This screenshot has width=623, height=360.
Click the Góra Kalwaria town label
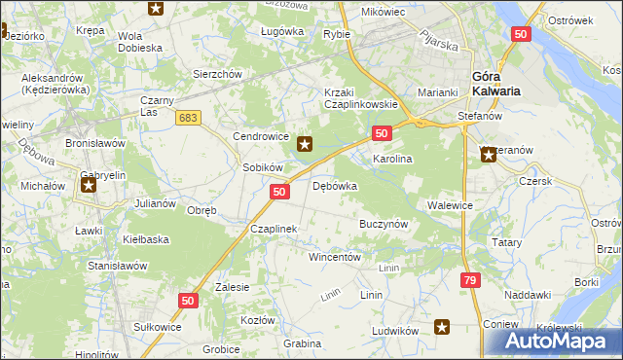495,84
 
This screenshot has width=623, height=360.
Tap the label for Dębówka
335,186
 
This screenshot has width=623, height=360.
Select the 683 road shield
189,118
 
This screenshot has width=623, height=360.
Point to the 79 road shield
470,280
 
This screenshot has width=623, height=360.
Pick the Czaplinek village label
273,229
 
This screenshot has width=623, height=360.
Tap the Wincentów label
335,258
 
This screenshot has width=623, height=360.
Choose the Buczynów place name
384,223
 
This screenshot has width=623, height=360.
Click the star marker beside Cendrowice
305,145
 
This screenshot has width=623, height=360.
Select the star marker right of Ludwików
442,328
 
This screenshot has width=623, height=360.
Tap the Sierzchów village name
217,73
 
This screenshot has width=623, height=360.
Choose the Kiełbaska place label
146,238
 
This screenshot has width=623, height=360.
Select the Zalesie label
233,287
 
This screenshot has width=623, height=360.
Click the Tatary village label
509,242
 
